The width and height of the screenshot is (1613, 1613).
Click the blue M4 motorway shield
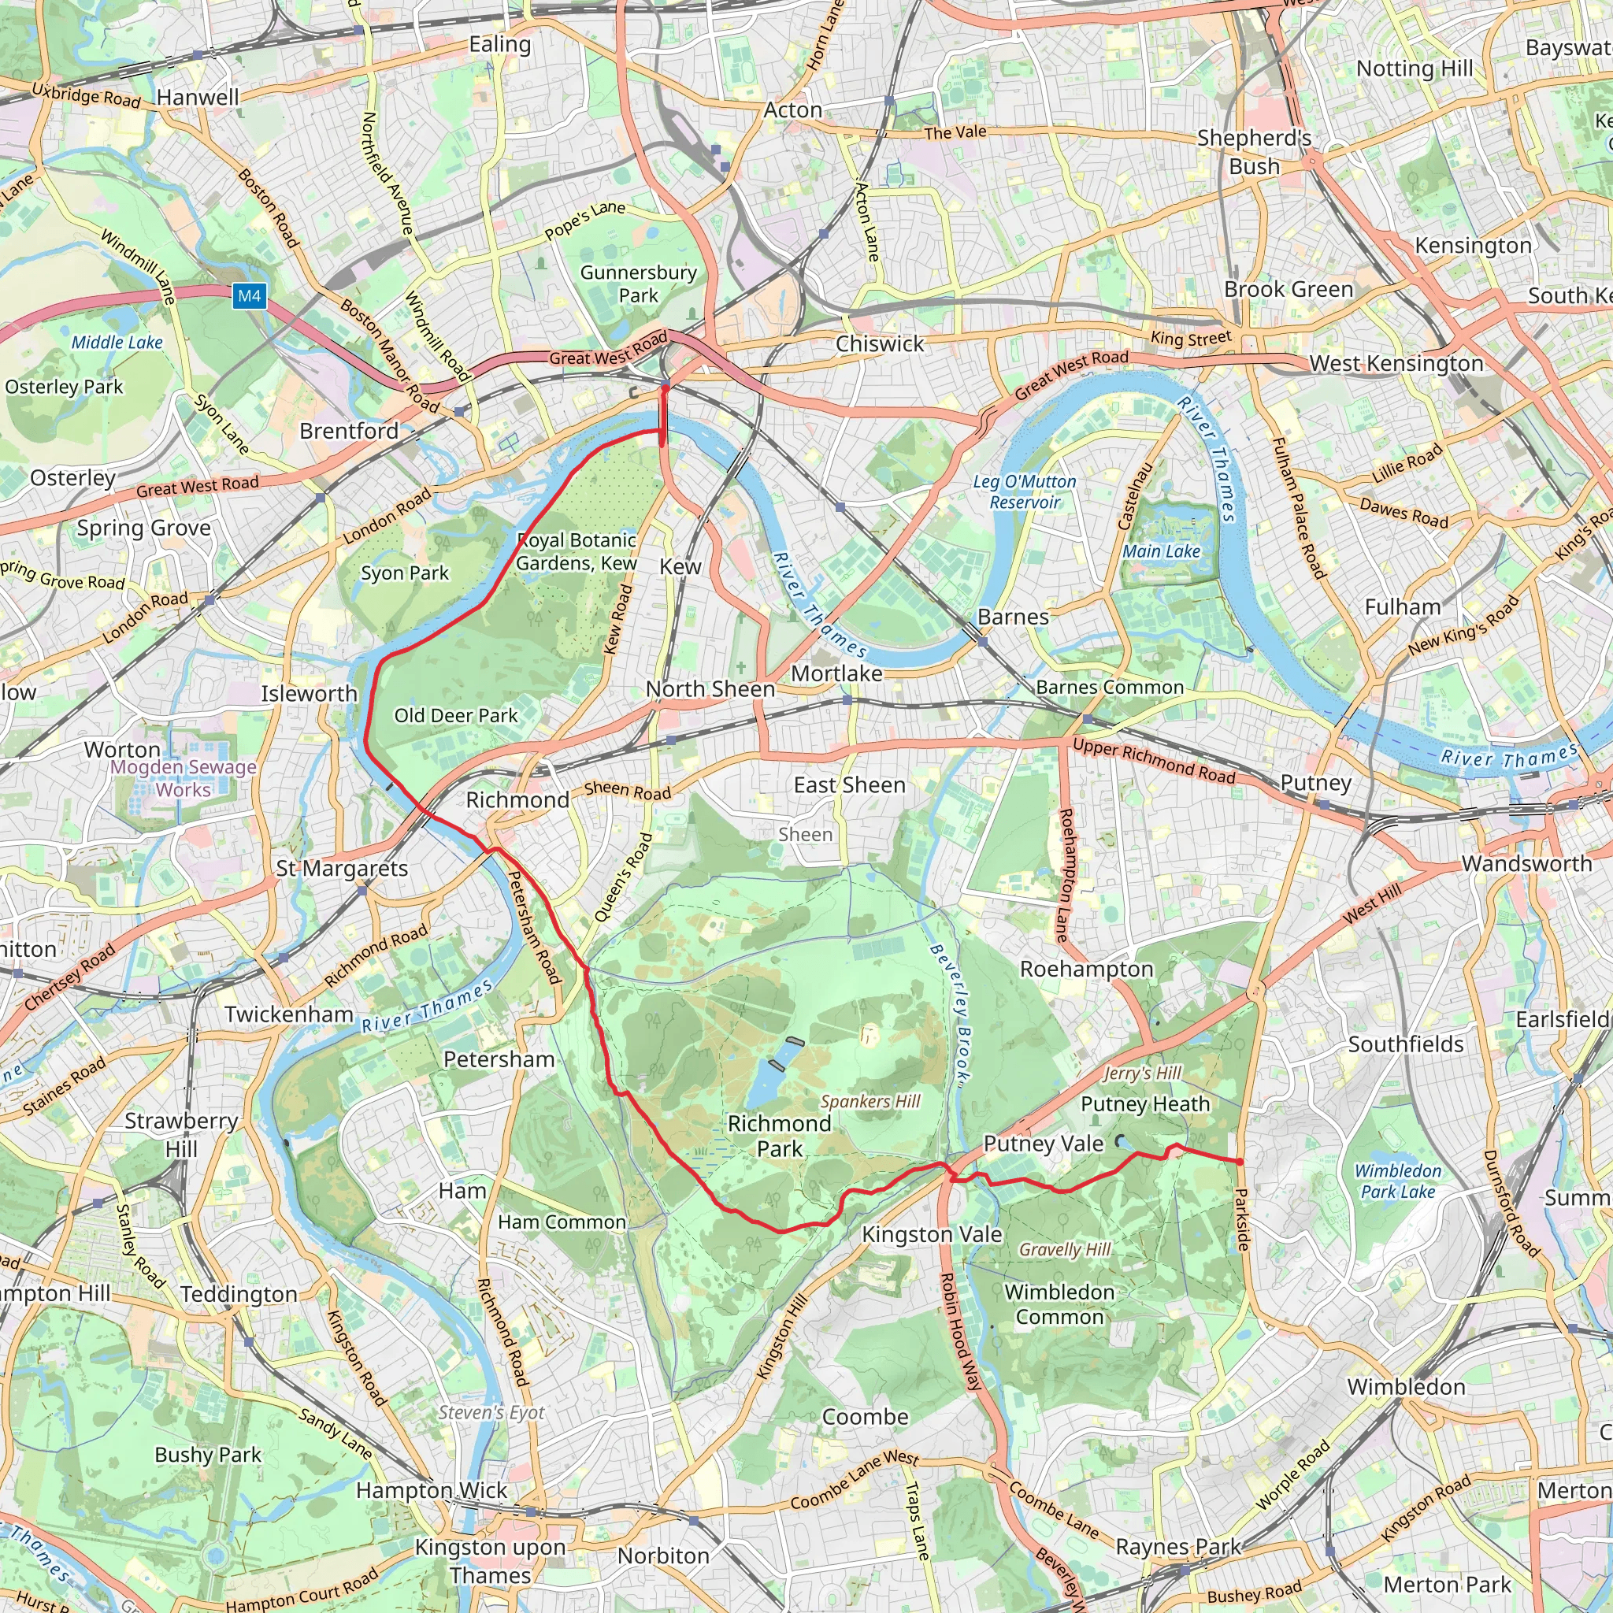[249, 295]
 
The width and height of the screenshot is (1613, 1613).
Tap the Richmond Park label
[779, 1136]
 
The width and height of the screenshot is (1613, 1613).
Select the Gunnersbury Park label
[638, 284]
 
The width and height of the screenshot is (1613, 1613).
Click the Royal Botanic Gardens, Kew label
[576, 552]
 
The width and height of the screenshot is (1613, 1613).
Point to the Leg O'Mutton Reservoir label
[1025, 491]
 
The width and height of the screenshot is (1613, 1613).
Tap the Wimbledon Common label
[1059, 1304]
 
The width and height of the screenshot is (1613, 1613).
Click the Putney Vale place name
[1043, 1143]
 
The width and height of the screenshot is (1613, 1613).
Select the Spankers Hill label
[870, 1101]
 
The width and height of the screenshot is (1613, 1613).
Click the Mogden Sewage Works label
[184, 778]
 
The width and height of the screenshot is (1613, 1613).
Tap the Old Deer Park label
[456, 715]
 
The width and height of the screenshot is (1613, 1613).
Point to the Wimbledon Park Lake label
[1398, 1181]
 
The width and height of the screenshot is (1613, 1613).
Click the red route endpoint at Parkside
[1239, 1162]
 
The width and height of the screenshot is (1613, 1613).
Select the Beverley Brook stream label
[951, 1014]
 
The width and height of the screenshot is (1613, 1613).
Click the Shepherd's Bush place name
[1254, 152]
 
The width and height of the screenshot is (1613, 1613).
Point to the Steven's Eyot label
[491, 1413]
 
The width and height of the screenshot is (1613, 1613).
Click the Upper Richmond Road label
[1154, 762]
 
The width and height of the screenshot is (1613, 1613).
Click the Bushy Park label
[208, 1455]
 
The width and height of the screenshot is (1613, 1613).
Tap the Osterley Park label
[65, 387]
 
